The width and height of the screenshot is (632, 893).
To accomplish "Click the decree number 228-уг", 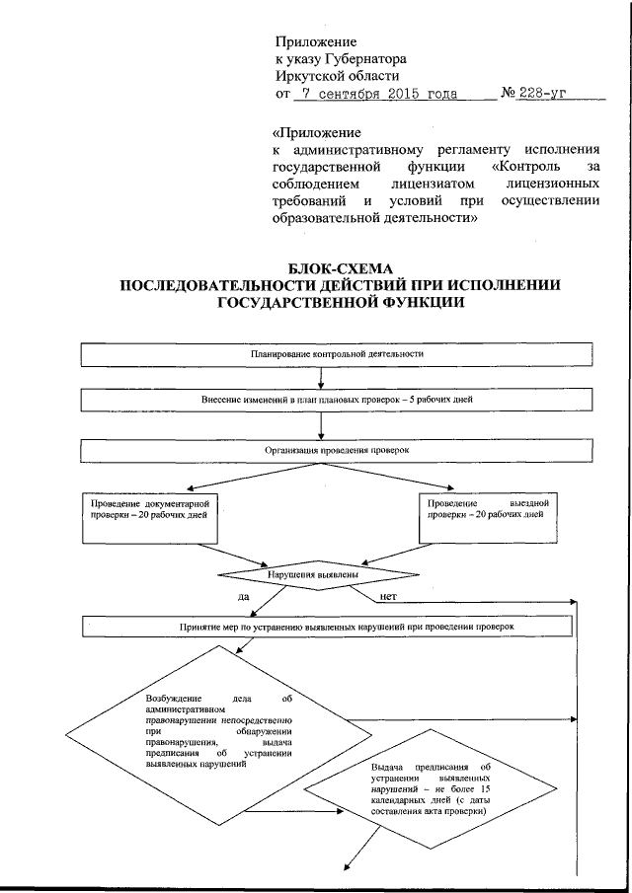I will (x=548, y=95).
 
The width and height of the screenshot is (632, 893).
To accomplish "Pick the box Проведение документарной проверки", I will (x=148, y=516).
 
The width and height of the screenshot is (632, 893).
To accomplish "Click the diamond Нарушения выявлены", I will (x=307, y=573).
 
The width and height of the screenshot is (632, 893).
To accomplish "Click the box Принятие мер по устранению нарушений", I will (x=327, y=627).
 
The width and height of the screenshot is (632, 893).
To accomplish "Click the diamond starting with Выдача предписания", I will (x=429, y=788).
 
